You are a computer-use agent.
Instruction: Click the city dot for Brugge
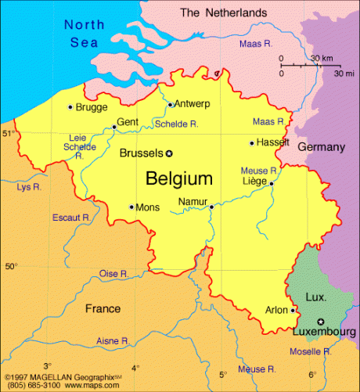click(x=70, y=106)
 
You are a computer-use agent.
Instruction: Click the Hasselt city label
click(x=273, y=142)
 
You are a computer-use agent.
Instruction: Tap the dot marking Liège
click(x=271, y=183)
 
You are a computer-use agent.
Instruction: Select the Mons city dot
click(x=131, y=207)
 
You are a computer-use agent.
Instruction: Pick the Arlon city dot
click(x=293, y=310)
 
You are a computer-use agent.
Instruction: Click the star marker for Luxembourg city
click(x=320, y=322)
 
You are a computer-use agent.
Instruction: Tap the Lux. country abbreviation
click(x=315, y=297)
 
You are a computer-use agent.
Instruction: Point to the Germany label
click(x=321, y=147)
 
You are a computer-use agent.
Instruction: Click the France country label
click(x=103, y=308)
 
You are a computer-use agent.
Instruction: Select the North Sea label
click(x=83, y=33)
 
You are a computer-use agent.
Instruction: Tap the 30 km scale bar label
click(x=320, y=59)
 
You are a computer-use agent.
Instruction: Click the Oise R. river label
click(x=113, y=273)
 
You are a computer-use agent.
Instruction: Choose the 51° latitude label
click(x=8, y=134)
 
